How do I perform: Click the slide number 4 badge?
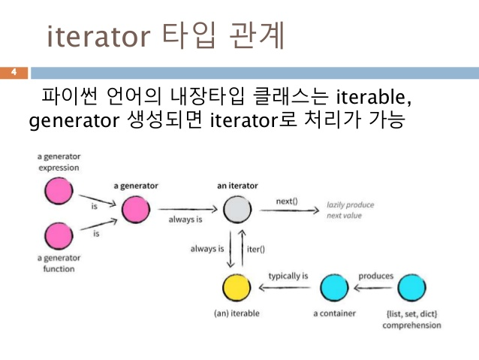14,73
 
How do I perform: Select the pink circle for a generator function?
58,238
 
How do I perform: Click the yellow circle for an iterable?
236,288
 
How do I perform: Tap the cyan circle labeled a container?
334,288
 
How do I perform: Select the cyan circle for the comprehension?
411,288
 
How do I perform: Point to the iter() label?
257,248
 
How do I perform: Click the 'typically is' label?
288,276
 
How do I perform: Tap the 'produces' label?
375,276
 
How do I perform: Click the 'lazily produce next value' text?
349,210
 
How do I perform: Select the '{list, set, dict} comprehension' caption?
411,319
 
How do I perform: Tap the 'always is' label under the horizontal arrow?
185,219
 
